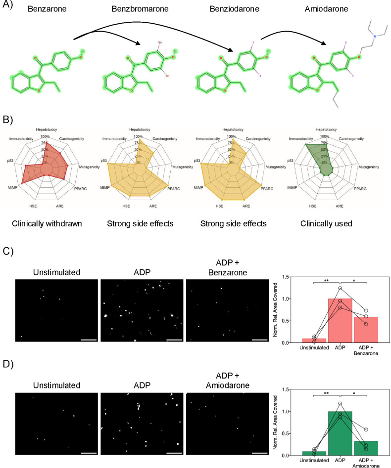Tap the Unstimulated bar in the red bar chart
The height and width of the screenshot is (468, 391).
314,340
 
